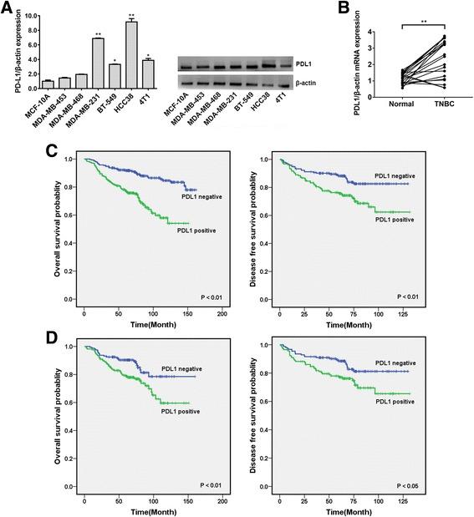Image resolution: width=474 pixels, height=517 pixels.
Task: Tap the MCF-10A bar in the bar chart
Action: coord(48,84)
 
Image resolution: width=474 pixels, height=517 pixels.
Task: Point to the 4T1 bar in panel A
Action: coord(147,74)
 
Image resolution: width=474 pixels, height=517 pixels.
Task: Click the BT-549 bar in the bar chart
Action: coord(115,76)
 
